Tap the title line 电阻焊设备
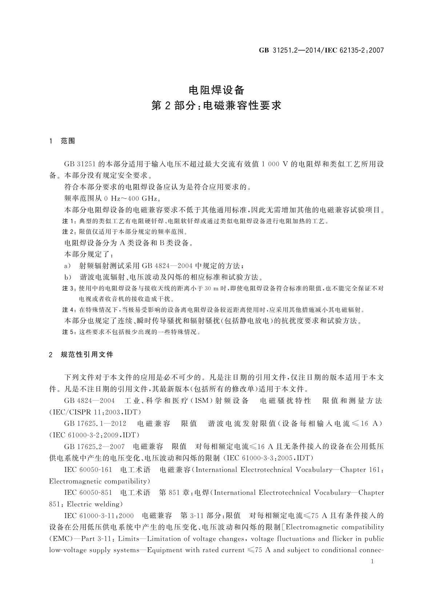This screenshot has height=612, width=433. [x=216, y=90]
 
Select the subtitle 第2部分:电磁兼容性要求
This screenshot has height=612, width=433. [x=216, y=106]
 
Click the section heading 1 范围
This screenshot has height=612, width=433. [x=62, y=141]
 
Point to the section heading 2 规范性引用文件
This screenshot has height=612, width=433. [x=81, y=354]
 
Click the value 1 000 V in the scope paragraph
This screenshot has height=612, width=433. [x=275, y=164]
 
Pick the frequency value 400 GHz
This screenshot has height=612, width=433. [x=144, y=198]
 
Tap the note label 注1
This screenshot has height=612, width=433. [x=69, y=221]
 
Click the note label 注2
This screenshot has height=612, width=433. [x=69, y=232]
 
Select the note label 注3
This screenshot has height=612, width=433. [x=69, y=289]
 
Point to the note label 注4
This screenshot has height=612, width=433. [x=69, y=310]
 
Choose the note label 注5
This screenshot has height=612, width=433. [x=69, y=332]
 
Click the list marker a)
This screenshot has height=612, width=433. [x=68, y=266]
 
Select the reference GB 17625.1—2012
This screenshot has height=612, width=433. [x=95, y=423]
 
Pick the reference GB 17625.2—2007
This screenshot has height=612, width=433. [x=94, y=446]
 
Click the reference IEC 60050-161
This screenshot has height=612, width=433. [x=88, y=470]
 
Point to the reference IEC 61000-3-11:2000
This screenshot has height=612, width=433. [x=99, y=516]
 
